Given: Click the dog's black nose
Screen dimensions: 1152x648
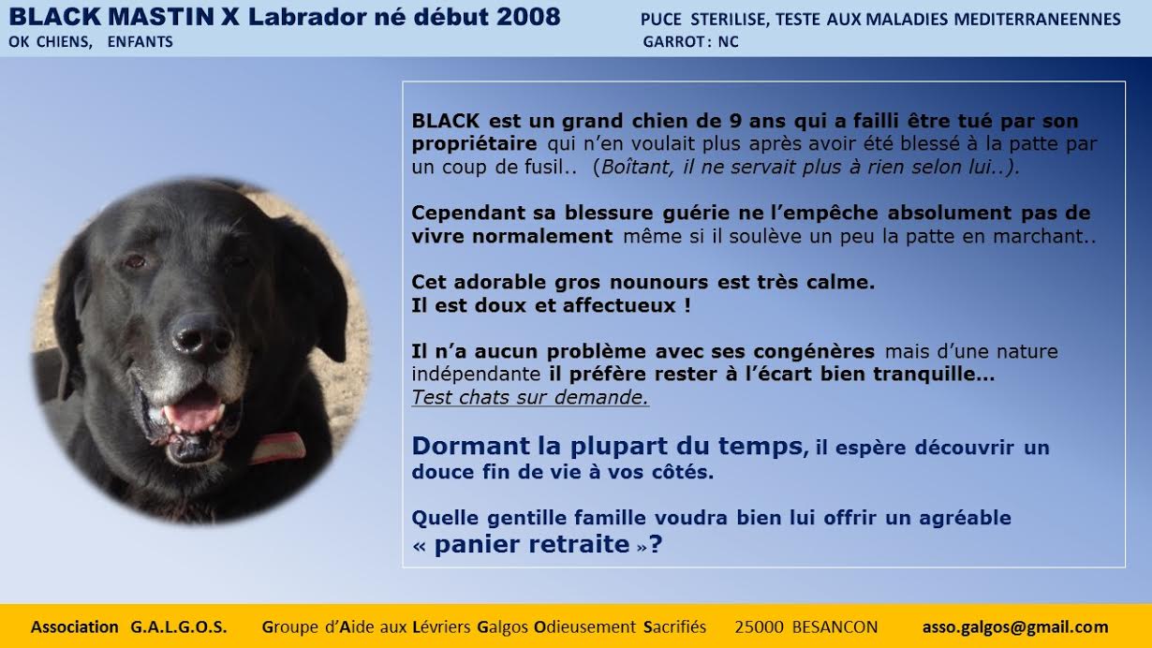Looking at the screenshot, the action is click(x=202, y=337).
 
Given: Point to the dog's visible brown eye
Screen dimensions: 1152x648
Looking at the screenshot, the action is click(x=135, y=261).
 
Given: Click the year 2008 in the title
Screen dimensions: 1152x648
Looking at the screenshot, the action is click(x=528, y=17).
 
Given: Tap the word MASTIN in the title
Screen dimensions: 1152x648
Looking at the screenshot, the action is click(x=160, y=17).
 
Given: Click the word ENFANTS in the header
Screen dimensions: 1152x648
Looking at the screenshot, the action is click(x=140, y=41).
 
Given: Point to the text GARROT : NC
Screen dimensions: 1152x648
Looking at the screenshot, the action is click(x=690, y=41).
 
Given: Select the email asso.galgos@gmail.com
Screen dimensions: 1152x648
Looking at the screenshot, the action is click(x=1015, y=626).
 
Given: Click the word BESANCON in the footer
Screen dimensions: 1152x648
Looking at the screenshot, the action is click(x=835, y=626).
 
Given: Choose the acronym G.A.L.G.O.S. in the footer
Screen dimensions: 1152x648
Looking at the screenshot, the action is click(x=179, y=626).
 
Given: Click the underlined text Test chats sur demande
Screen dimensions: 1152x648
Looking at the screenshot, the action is click(x=530, y=397).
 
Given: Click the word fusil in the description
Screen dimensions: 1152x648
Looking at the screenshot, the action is click(x=549, y=167).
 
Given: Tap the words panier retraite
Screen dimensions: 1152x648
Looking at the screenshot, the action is click(x=532, y=544).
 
